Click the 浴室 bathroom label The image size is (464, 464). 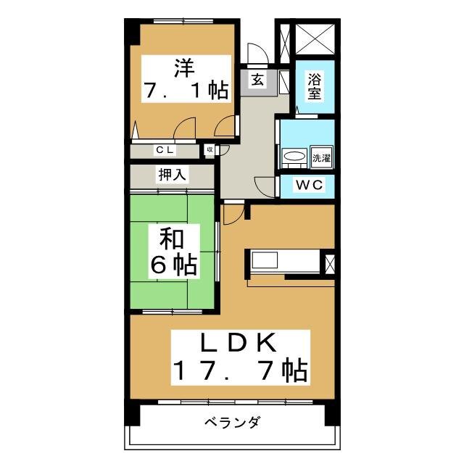click(x=315, y=86)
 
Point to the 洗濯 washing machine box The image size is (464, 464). click(x=320, y=157)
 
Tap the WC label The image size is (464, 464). click(x=308, y=185)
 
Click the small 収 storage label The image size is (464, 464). click(x=210, y=150)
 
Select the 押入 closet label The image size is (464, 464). click(x=173, y=175)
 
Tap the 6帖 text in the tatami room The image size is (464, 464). click(x=174, y=266)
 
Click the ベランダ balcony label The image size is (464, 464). click(x=231, y=423)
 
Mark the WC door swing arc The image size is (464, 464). click(x=267, y=184)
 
